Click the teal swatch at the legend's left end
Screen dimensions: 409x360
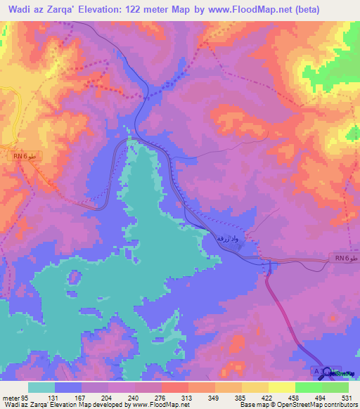point(41,387)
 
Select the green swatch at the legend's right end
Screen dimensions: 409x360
point(335,387)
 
